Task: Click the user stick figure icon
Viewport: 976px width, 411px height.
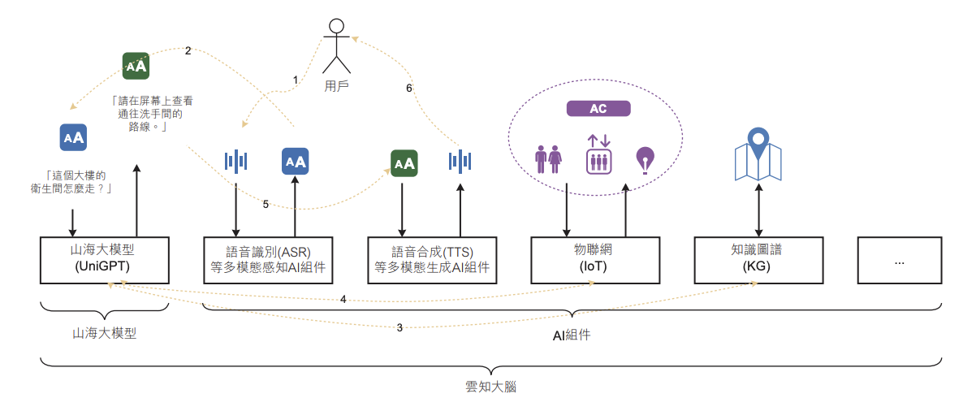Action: pyautogui.click(x=337, y=45)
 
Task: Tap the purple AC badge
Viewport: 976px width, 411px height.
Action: pyautogui.click(x=598, y=109)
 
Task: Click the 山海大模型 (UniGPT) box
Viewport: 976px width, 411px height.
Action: pyautogui.click(x=105, y=259)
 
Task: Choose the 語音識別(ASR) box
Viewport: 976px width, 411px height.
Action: pyautogui.click(x=269, y=259)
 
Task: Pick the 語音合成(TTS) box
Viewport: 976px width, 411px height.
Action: pyautogui.click(x=432, y=259)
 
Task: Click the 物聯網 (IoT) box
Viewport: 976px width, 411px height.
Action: pyautogui.click(x=596, y=259)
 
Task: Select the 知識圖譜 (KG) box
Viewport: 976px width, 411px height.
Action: pyautogui.click(x=758, y=259)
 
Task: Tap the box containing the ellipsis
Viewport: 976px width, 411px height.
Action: pyautogui.click(x=900, y=259)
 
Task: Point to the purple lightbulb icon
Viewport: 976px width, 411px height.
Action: pyautogui.click(x=645, y=160)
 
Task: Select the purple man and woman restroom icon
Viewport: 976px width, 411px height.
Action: pyautogui.click(x=549, y=159)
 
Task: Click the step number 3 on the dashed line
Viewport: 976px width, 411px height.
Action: pyautogui.click(x=399, y=327)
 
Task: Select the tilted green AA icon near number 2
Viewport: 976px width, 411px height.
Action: pyautogui.click(x=136, y=66)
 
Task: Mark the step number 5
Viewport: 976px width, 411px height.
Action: pyautogui.click(x=266, y=204)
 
